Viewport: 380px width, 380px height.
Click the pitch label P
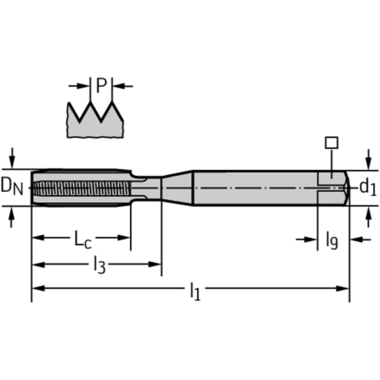pyautogui.click(x=101, y=85)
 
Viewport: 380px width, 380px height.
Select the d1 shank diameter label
pyautogui.click(x=368, y=187)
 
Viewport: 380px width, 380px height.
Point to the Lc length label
pyautogui.click(x=83, y=239)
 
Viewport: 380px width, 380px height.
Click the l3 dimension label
pyautogui.click(x=100, y=266)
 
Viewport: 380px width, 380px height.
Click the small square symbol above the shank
pyautogui.click(x=331, y=143)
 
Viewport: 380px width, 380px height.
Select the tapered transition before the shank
pyautogui.click(x=177, y=187)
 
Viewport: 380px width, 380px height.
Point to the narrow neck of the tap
pyautogui.click(x=149, y=187)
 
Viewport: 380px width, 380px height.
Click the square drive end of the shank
pyautogui.click(x=332, y=187)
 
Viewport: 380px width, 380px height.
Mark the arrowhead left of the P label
pyautogui.click(x=84, y=86)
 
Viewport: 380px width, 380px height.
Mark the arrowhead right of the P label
pyautogui.click(x=118, y=86)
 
